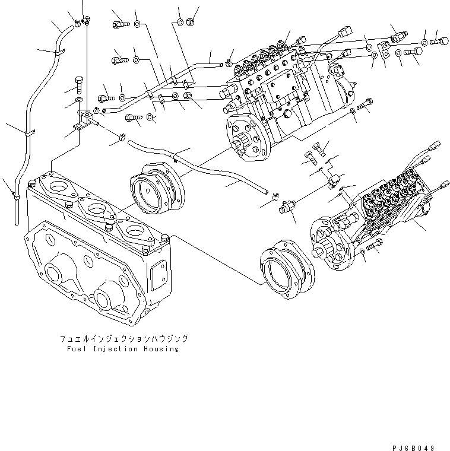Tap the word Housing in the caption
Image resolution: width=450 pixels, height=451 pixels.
click(x=160, y=349)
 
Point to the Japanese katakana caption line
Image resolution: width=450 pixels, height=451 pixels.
click(x=123, y=339)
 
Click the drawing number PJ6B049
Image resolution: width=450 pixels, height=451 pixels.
click(x=418, y=446)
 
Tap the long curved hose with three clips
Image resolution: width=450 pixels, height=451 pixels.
click(x=27, y=131)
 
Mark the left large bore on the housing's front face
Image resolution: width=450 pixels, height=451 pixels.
click(x=53, y=277)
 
